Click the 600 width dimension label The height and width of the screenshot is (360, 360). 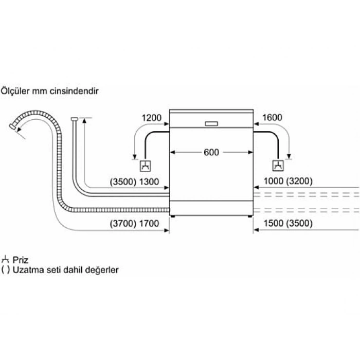(x=211, y=152)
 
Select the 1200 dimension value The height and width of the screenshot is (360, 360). (x=152, y=118)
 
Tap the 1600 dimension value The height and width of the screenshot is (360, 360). (x=272, y=117)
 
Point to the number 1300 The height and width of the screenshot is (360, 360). (x=149, y=182)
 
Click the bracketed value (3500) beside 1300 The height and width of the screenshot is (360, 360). (x=123, y=182)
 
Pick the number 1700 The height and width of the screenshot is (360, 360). (x=149, y=223)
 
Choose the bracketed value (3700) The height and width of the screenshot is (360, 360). (x=123, y=223)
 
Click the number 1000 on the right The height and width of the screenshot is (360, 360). (x=274, y=181)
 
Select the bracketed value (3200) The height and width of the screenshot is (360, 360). (x=299, y=181)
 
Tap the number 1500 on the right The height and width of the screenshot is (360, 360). (x=274, y=223)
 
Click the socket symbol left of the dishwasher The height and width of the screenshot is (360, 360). (x=146, y=166)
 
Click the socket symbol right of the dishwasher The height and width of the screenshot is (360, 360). (x=278, y=165)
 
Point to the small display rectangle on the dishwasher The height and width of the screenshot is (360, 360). (x=211, y=124)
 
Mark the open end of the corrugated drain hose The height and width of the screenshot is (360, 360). (x=12, y=127)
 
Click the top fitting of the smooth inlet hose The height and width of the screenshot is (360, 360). (x=75, y=119)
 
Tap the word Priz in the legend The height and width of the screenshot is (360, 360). (x=21, y=260)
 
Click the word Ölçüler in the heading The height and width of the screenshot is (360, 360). (x=15, y=91)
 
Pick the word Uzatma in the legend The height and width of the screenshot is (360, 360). (x=28, y=269)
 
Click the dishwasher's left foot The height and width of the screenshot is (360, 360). (x=173, y=217)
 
